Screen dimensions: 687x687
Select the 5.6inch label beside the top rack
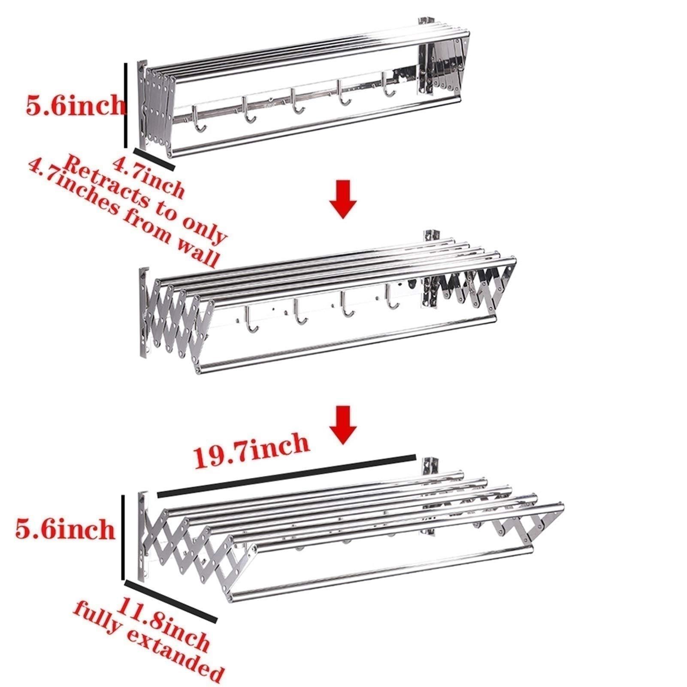click(75, 105)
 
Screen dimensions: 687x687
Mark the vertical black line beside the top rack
click(126, 105)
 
